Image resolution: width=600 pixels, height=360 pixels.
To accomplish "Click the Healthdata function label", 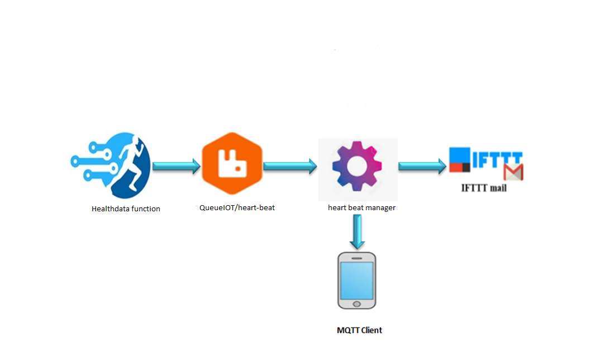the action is (126, 209).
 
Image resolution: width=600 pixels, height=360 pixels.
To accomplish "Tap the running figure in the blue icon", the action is (130, 163).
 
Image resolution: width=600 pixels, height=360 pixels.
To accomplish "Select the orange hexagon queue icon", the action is (232, 164).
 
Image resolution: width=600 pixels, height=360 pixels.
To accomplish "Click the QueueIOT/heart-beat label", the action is (237, 207).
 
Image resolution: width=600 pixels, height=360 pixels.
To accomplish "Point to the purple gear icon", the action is (357, 166).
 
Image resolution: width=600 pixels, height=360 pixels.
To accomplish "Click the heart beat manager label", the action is (361, 207).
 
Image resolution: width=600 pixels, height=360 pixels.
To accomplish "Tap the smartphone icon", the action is (356, 280).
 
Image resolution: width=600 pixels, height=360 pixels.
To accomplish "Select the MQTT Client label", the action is (359, 330).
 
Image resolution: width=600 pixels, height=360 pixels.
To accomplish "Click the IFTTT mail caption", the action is (484, 188).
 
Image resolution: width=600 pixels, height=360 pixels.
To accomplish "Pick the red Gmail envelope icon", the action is (513, 172).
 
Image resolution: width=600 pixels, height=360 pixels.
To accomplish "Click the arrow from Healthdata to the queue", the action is (177, 166).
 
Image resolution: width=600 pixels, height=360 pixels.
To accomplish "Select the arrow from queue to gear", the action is (290, 166).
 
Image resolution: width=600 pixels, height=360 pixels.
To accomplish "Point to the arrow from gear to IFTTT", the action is (422, 166).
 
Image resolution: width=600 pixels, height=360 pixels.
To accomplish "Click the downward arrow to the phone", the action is (357, 231).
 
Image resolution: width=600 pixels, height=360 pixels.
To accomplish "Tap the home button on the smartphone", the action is (356, 304).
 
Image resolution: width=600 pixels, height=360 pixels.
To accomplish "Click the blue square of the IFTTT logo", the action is (460, 155).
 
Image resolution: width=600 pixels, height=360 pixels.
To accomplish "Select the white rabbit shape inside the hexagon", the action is (232, 164).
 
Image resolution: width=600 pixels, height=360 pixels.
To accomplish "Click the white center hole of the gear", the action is (356, 166).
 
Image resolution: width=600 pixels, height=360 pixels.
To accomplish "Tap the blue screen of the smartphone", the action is (356, 280).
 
